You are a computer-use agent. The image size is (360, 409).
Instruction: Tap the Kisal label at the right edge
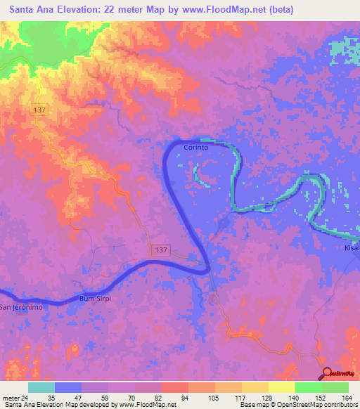coord(352,248)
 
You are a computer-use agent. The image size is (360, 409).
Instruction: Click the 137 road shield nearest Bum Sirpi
coord(159,250)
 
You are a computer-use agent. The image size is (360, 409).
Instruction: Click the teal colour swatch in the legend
coord(41,387)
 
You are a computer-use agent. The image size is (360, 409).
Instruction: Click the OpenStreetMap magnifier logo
coord(327,374)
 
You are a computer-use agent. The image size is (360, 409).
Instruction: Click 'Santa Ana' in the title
coord(33,9)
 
